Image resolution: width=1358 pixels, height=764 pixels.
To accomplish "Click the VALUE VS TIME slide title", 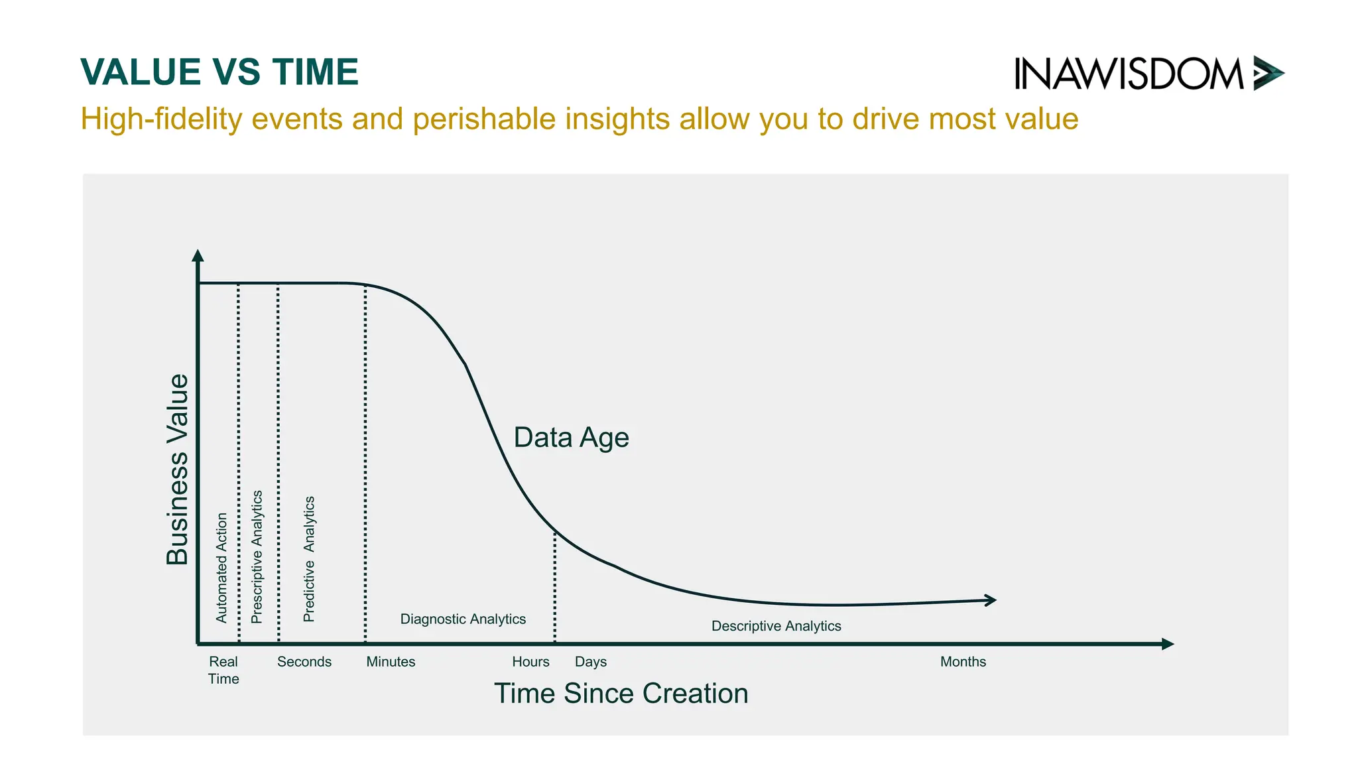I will (219, 72).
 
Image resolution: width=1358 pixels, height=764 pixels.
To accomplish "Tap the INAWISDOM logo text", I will (1129, 74).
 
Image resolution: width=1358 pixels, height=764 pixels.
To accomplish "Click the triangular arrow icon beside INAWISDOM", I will (1268, 73).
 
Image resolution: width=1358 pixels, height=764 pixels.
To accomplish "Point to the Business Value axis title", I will (177, 469).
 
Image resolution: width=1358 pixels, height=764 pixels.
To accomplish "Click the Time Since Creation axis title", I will (621, 694).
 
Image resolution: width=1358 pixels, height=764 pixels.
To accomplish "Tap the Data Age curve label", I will (571, 438).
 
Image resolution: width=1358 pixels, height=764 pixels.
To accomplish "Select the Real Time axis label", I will (223, 670).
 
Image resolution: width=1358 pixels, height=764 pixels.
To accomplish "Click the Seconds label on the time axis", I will (304, 662).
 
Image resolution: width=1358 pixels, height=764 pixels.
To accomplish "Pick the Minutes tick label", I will (391, 662).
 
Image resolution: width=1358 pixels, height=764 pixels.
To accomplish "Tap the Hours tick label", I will (530, 662).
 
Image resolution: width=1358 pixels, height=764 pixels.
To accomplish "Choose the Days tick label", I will (590, 662).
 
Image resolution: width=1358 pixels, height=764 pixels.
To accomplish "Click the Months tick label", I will (963, 662).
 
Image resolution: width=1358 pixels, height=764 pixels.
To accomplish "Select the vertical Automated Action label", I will (221, 568).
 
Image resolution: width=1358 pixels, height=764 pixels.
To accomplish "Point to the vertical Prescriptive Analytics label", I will (257, 557).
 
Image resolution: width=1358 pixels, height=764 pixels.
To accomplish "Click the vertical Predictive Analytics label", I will (309, 559).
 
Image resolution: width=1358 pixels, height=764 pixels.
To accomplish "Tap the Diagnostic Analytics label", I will (463, 619).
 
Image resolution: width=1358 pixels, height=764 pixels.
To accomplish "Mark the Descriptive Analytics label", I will (776, 626).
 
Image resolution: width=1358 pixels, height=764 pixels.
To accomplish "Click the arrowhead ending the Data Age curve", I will (991, 600).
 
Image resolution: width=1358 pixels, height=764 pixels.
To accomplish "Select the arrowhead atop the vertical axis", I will (198, 256).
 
